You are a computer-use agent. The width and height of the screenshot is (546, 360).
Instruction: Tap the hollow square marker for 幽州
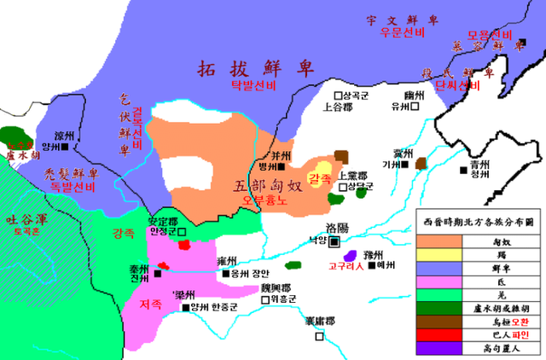click(x=415, y=107)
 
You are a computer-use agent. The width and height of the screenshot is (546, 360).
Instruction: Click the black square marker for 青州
click(x=463, y=172)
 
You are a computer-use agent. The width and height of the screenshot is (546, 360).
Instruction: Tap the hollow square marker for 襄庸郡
click(x=320, y=337)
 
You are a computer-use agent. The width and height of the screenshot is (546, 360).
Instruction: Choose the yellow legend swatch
click(x=438, y=254)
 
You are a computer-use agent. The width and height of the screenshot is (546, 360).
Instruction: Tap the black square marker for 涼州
click(x=76, y=147)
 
